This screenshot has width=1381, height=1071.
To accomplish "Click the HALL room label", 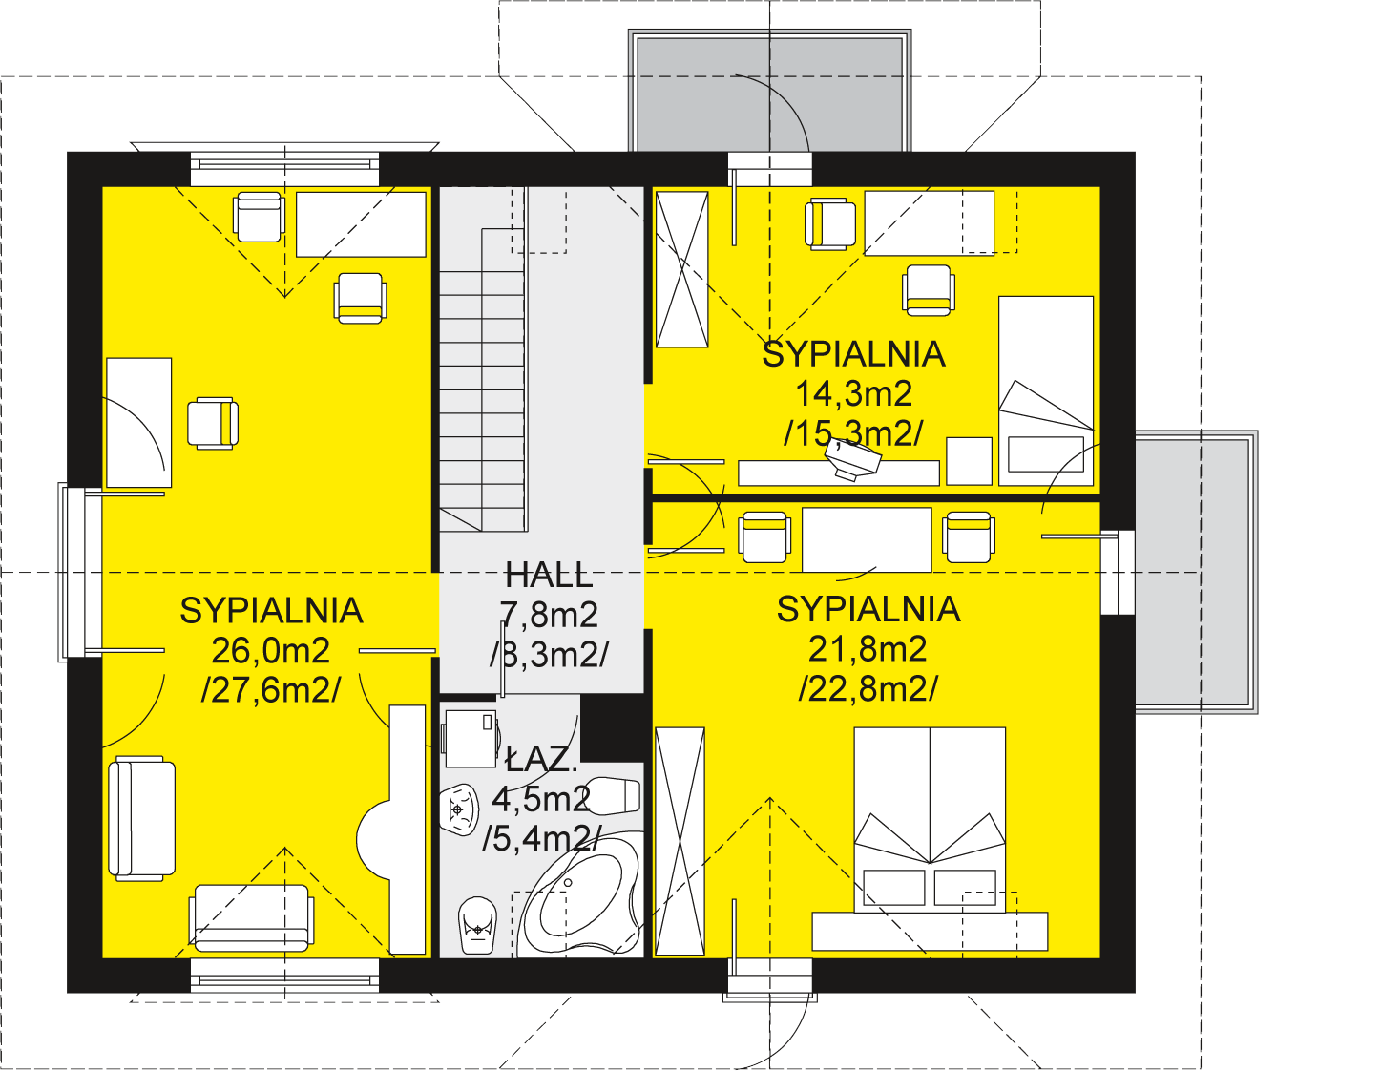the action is tap(549, 576).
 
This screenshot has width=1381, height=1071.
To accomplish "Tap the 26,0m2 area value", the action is tap(271, 650).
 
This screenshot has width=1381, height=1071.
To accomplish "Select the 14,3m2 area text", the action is tap(853, 393).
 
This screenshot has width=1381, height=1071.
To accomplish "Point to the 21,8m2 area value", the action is tap(868, 649).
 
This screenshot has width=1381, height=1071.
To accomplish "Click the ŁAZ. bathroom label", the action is tap(541, 759).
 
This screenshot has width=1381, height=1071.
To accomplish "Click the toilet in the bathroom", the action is tap(477, 925).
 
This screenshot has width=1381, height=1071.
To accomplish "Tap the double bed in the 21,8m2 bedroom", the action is tap(930, 820).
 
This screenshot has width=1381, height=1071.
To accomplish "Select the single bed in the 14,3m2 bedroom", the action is tap(1045, 391).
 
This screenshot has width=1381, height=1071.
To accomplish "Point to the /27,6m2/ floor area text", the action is tap(271, 689).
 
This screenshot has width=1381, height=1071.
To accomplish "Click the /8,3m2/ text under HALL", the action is tap(549, 654).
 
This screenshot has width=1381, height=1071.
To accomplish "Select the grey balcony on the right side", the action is tap(1195, 572).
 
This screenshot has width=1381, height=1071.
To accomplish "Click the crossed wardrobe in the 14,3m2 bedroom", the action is tap(682, 269).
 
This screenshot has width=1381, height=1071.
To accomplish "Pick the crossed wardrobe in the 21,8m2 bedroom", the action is tap(680, 841).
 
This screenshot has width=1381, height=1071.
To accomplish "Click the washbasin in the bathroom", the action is tap(459, 809).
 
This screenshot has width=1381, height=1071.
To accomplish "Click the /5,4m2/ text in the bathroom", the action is tap(541, 839).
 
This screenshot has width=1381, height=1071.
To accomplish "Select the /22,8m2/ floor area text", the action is tap(868, 688).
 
